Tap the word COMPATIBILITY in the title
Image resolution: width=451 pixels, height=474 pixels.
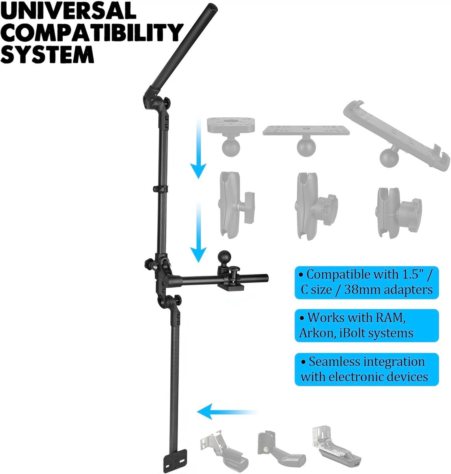coord(91,32)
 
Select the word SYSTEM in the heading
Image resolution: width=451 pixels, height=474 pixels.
coord(47,54)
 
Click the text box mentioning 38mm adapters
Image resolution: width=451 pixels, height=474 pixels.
coord(366,282)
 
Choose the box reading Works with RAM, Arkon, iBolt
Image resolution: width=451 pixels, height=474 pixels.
coord(366,325)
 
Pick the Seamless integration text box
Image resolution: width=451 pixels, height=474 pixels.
coord(366,369)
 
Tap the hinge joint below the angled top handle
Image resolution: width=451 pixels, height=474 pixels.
coord(156,104)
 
